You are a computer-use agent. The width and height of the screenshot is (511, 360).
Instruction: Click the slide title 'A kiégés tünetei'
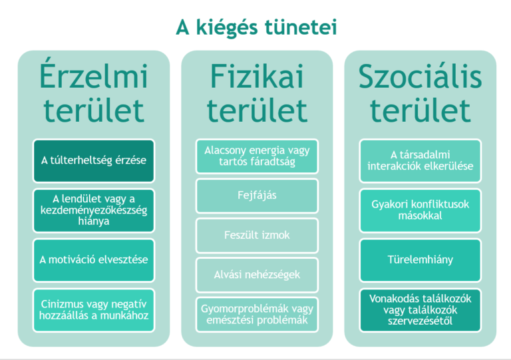[x=256, y=28]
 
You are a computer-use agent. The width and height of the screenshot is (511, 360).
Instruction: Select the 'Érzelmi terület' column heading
[x=94, y=93]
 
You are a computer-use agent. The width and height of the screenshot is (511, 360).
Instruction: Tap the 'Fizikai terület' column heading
[x=257, y=93]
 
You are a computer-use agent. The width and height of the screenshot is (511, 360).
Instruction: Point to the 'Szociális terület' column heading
[x=420, y=93]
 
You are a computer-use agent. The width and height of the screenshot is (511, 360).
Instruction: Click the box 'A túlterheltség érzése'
[x=94, y=160]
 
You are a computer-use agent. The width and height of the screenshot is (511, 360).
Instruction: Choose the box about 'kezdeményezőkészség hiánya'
[x=94, y=210]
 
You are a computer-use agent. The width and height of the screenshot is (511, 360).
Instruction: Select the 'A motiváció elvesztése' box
[x=94, y=260]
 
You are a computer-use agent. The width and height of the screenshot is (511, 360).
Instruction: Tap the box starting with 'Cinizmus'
[x=94, y=310]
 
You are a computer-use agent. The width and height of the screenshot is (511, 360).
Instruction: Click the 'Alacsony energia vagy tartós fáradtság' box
[x=257, y=156]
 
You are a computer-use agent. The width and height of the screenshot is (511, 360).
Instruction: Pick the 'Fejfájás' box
[x=257, y=196]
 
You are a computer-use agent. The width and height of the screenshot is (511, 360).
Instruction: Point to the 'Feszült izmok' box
[x=257, y=235]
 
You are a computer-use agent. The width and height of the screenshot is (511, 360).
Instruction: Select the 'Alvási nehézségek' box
[x=257, y=275]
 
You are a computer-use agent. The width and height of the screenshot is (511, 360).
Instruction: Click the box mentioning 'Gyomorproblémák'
[x=257, y=314]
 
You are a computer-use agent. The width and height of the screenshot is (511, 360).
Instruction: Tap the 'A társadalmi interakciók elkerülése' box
[x=420, y=160]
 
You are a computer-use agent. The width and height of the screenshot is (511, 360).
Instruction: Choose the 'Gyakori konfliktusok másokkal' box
[x=420, y=210]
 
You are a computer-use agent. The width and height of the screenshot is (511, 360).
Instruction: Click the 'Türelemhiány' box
[x=420, y=260]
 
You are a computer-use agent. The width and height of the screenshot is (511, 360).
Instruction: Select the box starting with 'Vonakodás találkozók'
[x=420, y=310]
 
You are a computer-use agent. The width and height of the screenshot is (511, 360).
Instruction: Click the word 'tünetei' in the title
[x=301, y=27]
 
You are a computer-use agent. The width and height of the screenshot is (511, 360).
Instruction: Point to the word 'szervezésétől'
[x=420, y=321]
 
